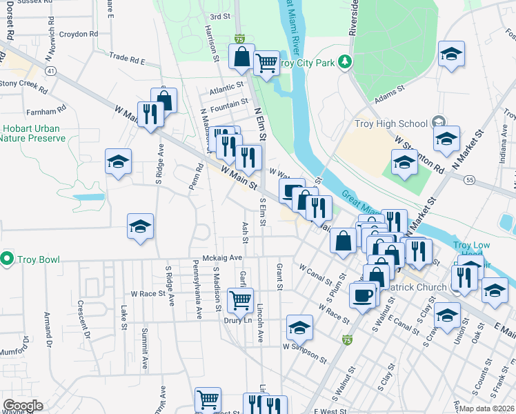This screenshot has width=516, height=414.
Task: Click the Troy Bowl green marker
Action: tap(7, 259)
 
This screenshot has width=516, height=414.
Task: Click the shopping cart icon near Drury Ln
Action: tap(240, 300)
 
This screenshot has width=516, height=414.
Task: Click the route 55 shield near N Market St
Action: tap(469, 179)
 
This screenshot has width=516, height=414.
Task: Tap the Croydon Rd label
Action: tap(78, 34)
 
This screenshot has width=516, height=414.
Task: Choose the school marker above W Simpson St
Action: tap(299, 327)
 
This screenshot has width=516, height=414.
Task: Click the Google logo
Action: tap(23, 406)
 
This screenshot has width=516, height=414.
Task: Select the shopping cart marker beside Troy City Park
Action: tap(266, 63)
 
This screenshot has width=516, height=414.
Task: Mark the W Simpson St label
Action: tap(304, 351)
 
